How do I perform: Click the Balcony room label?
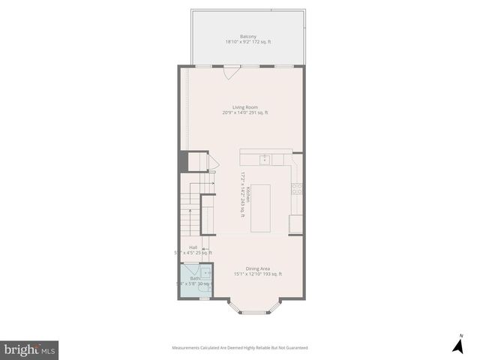click(x=248, y=37)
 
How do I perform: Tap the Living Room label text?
click(x=245, y=107)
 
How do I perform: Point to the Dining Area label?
click(x=258, y=268)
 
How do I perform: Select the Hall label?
click(x=193, y=247)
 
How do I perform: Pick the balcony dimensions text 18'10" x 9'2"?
click(x=248, y=42)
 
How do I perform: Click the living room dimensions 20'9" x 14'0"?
click(x=245, y=112)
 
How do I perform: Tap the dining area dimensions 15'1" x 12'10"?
click(x=258, y=274)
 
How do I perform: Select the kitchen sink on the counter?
click(x=265, y=159)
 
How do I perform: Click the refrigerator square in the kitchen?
click(x=296, y=223)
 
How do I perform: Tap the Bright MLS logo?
click(x=29, y=349)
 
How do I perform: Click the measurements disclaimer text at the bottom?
click(x=240, y=348)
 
